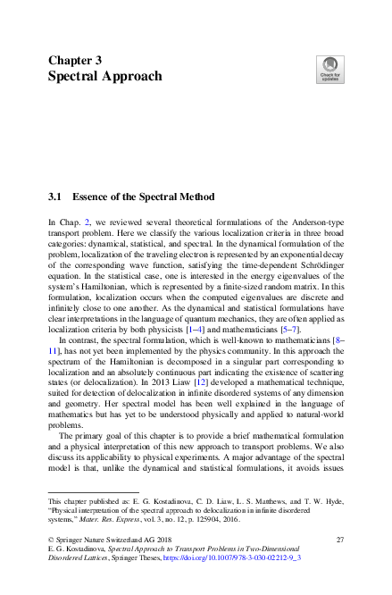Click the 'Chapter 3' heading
coord(74,60)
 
